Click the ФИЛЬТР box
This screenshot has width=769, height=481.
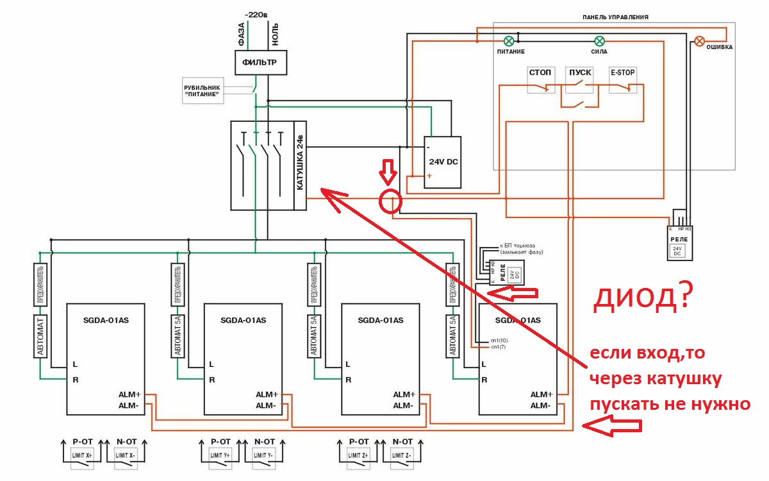pyautogui.click(x=260, y=63)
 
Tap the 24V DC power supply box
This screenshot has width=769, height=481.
pyautogui.click(x=442, y=162)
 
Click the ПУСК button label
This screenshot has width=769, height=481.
pyautogui.click(x=579, y=72)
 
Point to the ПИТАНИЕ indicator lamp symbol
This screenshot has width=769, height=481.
pyautogui.click(x=510, y=40)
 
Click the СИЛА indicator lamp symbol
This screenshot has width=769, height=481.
pyautogui.click(x=599, y=40)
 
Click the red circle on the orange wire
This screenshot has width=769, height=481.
pyautogui.click(x=390, y=201)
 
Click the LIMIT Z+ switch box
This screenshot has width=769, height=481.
pyautogui.click(x=359, y=455)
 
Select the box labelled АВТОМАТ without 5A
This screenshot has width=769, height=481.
pyautogui.click(x=40, y=335)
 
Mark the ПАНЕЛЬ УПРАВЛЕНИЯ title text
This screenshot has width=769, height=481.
pyautogui.click(x=613, y=17)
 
